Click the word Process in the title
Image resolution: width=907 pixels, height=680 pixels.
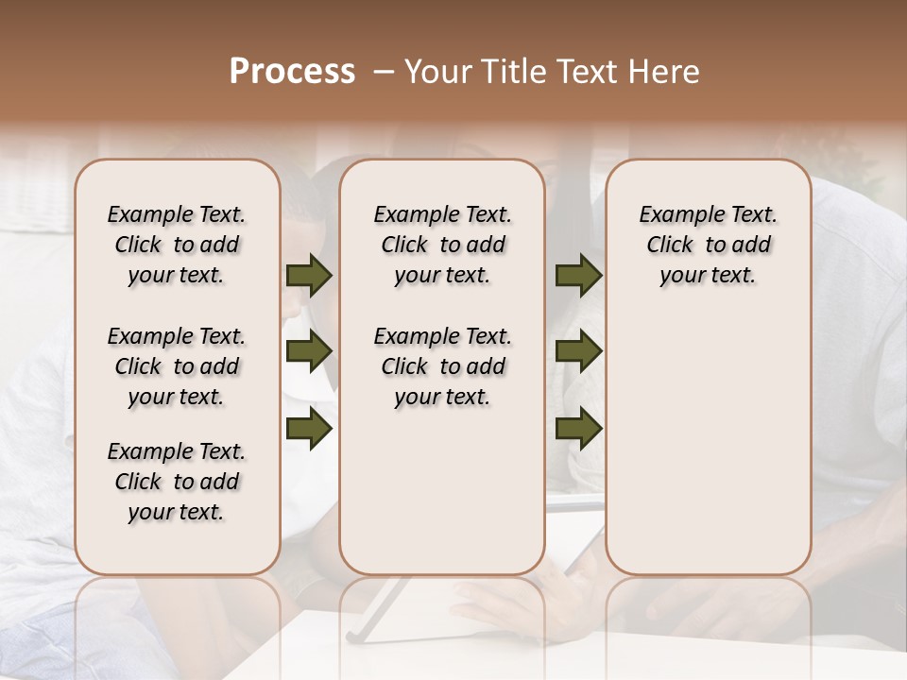click(292, 72)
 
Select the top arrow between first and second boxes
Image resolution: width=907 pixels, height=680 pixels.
click(309, 276)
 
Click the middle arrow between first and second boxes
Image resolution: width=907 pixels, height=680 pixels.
click(309, 351)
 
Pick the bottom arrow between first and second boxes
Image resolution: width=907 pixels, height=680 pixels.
click(309, 428)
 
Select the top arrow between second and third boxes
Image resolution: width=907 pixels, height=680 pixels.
click(578, 276)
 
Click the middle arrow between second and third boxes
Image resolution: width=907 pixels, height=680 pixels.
click(578, 351)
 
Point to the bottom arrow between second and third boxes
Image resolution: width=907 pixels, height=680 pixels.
click(578, 428)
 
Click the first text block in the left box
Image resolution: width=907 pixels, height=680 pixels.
click(177, 245)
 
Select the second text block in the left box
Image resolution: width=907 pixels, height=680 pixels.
click(177, 366)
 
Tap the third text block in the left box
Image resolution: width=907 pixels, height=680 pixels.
click(177, 482)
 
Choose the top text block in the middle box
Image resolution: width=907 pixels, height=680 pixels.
click(442, 245)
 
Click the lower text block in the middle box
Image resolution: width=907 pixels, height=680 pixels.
click(442, 366)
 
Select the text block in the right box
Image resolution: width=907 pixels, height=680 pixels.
click(708, 245)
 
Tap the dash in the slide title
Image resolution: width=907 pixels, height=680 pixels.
click(383, 72)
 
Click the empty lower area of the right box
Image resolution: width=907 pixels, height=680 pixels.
click(708, 434)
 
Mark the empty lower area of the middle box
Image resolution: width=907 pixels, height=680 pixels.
click(442, 491)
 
